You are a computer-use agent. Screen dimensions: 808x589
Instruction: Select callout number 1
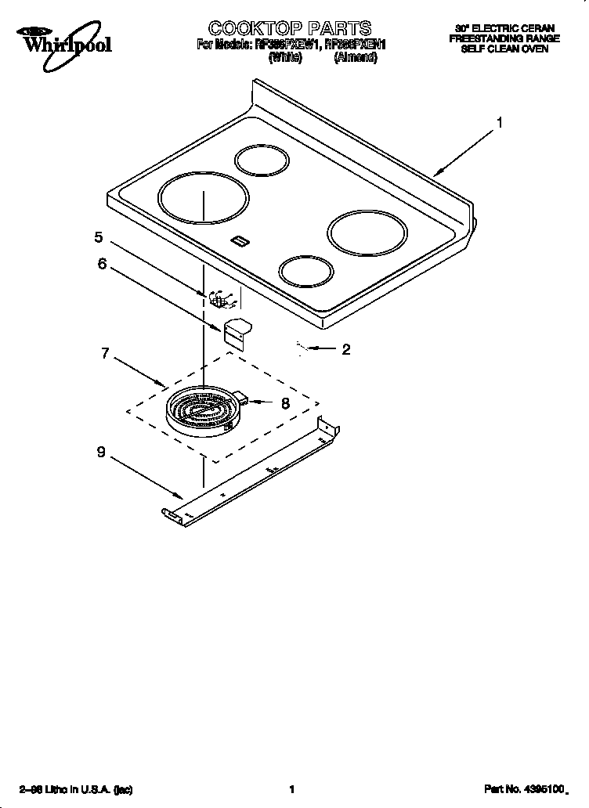499,123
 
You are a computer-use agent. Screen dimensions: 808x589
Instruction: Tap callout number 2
345,350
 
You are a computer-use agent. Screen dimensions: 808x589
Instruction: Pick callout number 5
99,237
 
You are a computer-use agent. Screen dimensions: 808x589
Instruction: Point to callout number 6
102,264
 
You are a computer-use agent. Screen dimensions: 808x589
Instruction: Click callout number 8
285,403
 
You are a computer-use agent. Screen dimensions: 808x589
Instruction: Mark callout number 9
101,453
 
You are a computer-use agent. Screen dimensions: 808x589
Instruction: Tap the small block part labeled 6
237,330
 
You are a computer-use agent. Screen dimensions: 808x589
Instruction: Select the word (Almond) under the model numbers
355,58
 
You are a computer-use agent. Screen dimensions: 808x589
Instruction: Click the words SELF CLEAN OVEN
503,49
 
